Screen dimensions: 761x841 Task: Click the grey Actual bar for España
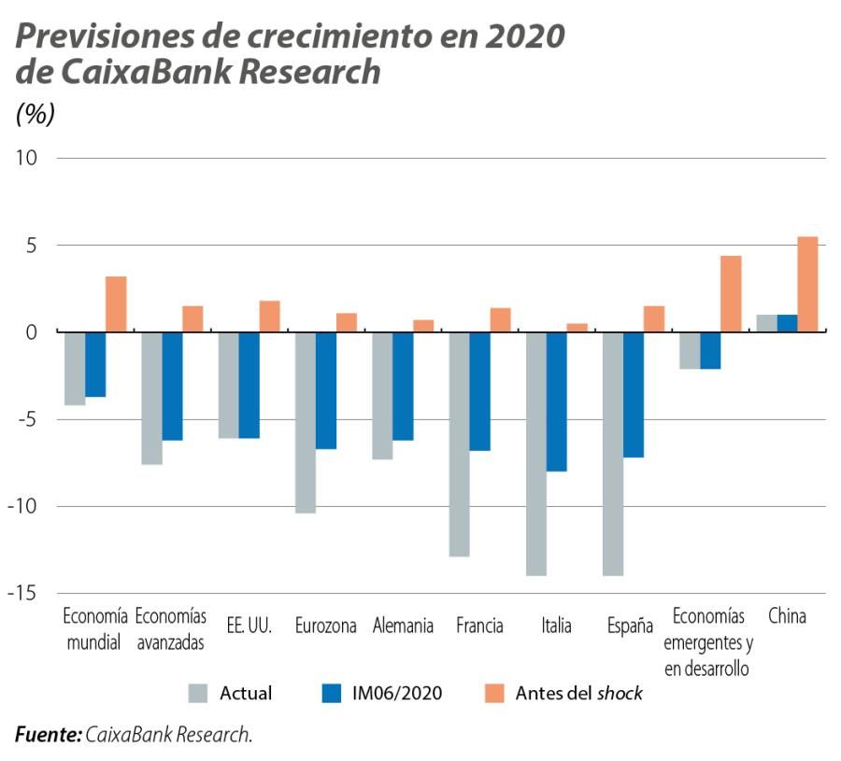(x=612, y=454)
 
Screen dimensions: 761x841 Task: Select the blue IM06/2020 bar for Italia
(x=557, y=402)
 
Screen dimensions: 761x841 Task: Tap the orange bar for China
(x=807, y=284)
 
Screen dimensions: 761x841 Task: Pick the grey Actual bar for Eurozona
(x=306, y=422)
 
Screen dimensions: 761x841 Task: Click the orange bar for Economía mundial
(x=116, y=304)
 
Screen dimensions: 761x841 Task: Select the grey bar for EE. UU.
(x=228, y=385)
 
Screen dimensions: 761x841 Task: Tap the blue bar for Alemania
(x=403, y=386)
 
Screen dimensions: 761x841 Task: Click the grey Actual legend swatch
(x=198, y=693)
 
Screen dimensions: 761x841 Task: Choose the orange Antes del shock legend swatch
(x=495, y=693)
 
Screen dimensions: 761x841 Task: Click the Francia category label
(x=479, y=626)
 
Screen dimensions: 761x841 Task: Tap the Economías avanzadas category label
(x=170, y=629)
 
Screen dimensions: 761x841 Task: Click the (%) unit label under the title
(x=36, y=114)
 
